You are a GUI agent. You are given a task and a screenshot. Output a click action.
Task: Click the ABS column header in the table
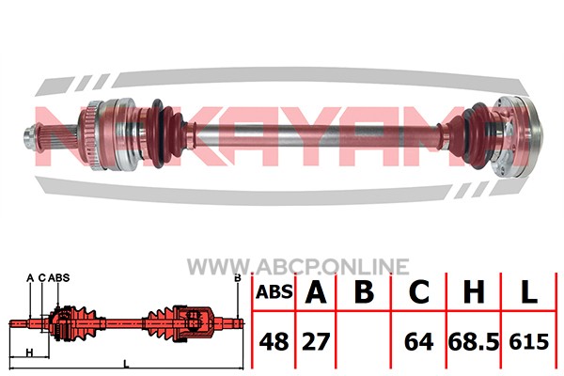click(274, 291)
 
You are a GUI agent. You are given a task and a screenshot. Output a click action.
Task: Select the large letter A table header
click(316, 291)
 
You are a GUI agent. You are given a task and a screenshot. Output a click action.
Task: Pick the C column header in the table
click(418, 291)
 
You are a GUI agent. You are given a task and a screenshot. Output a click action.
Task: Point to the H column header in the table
click(474, 291)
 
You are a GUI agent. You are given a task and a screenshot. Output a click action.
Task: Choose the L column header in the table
click(528, 291)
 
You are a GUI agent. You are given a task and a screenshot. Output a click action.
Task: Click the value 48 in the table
click(274, 341)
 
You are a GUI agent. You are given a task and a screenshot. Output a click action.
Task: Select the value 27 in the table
click(316, 341)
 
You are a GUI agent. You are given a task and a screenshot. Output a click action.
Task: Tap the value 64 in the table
click(418, 341)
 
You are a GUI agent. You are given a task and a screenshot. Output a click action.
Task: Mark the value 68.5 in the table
click(474, 341)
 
